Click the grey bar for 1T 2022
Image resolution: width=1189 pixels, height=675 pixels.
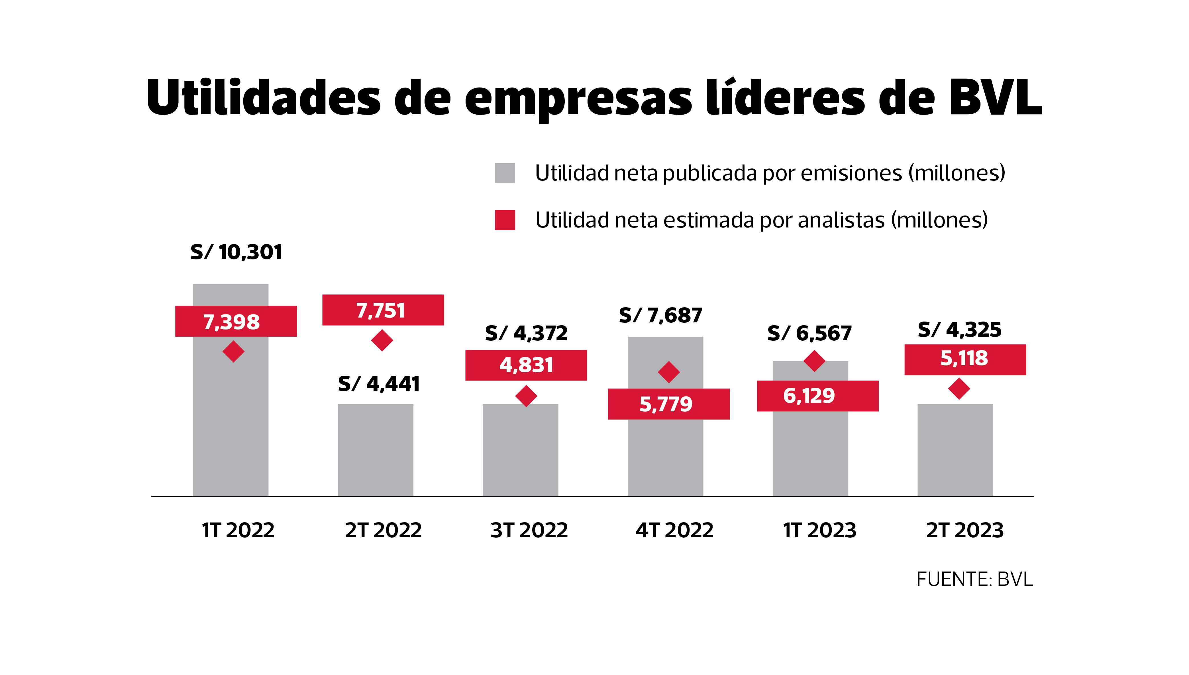coord(230,417)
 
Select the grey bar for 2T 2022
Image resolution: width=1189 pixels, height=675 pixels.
coord(375,450)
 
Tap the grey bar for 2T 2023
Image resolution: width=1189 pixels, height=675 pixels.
coord(955,450)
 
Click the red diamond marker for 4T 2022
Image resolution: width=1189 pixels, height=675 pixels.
coord(669,372)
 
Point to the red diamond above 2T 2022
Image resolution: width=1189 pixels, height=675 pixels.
coord(382,340)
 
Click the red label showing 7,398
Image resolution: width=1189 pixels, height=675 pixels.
coord(236,321)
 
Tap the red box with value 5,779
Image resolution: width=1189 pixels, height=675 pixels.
coord(669,404)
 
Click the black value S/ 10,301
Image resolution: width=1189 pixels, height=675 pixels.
coord(236,252)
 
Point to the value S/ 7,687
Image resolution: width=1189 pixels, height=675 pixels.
coord(660,316)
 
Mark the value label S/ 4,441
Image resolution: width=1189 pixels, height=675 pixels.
coord(379,384)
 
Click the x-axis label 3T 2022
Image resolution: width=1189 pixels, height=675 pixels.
coord(529,530)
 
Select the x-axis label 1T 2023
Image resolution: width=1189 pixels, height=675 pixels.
coord(819,530)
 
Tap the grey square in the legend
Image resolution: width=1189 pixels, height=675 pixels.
coord(505,173)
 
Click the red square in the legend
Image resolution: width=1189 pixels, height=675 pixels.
coord(505,220)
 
